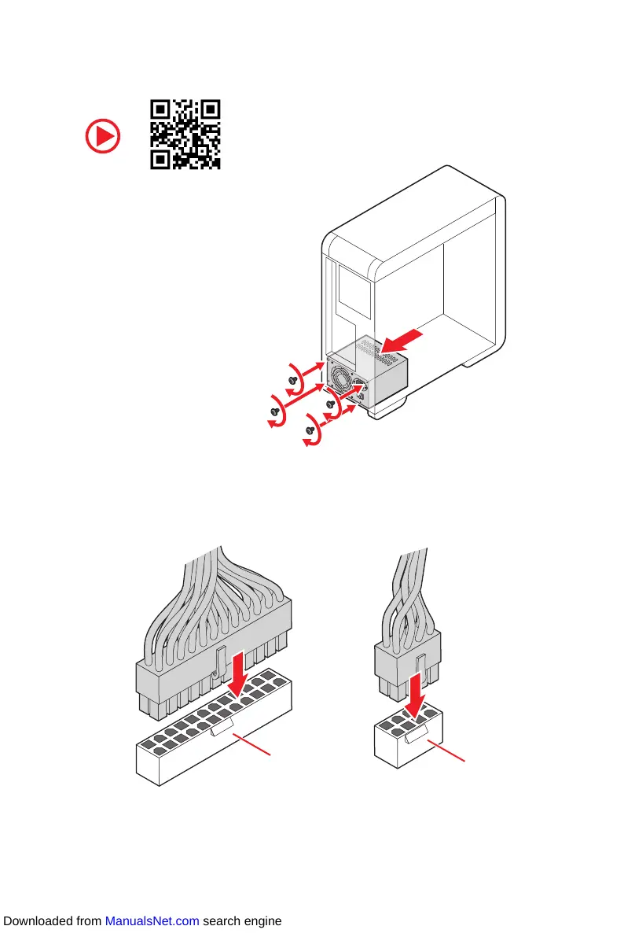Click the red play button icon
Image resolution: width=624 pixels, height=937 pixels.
coord(103,138)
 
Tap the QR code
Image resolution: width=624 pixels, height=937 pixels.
coord(185,135)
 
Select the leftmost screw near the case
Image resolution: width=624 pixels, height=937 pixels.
coord(275,411)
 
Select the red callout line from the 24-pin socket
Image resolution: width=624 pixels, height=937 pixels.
coord(256,744)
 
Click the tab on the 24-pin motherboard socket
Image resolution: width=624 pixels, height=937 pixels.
coord(225,728)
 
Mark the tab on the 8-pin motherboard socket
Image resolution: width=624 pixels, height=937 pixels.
coord(416,736)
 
